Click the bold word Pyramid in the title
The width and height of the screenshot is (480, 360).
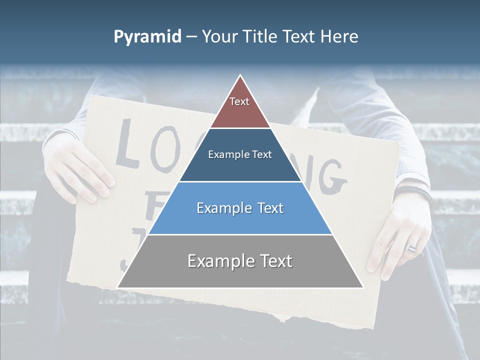(x=147, y=37)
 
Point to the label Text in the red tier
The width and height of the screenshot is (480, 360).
(x=239, y=101)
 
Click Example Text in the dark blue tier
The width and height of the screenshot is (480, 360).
(x=240, y=154)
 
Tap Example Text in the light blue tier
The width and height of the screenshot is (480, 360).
(x=240, y=208)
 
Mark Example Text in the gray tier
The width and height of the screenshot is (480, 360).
(x=240, y=261)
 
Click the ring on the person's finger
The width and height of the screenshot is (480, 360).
(x=411, y=248)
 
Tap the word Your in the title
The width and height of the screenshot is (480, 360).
(x=218, y=37)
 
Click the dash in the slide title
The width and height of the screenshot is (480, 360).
(x=191, y=37)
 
